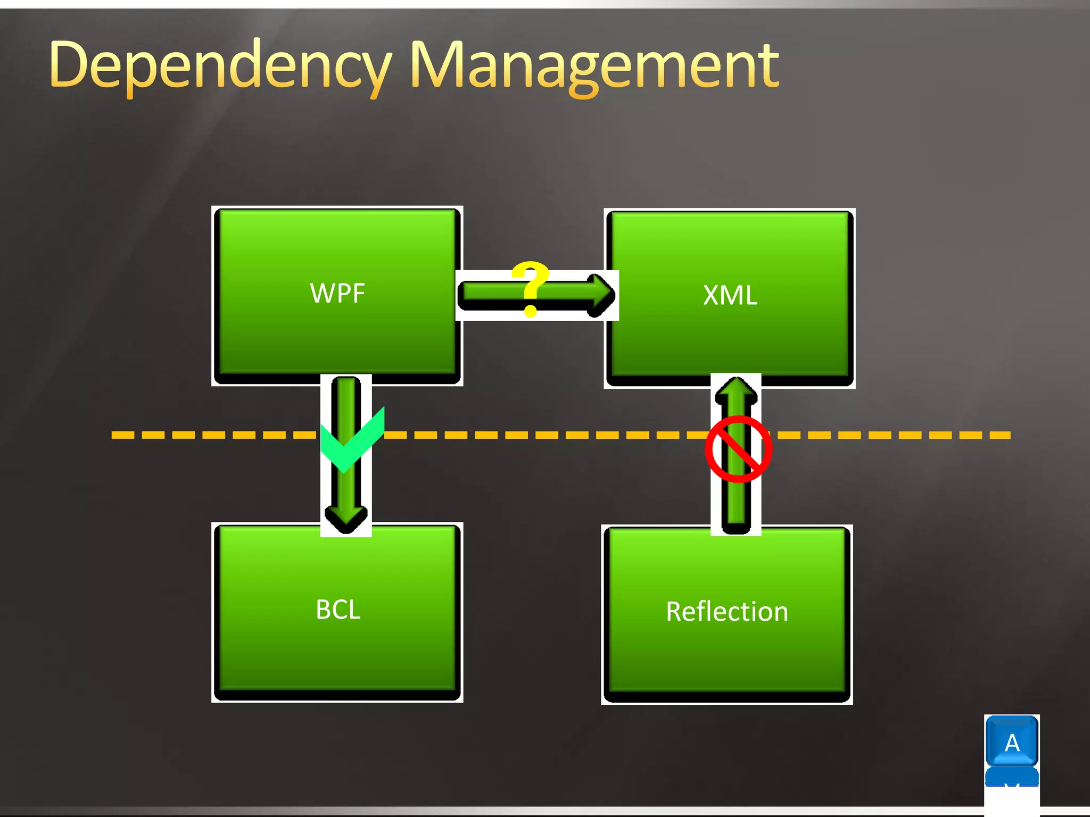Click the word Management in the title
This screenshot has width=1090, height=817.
[594, 66]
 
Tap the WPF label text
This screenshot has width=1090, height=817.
[337, 293]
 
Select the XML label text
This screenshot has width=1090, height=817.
[730, 295]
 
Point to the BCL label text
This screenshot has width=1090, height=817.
[338, 610]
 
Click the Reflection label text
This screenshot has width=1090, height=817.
[727, 612]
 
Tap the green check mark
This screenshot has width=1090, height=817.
[351, 441]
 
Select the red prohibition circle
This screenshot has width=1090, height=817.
[738, 449]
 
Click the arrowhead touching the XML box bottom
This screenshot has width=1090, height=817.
[736, 391]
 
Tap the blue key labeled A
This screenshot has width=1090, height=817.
[1012, 742]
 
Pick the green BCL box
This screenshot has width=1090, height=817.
[337, 654]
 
